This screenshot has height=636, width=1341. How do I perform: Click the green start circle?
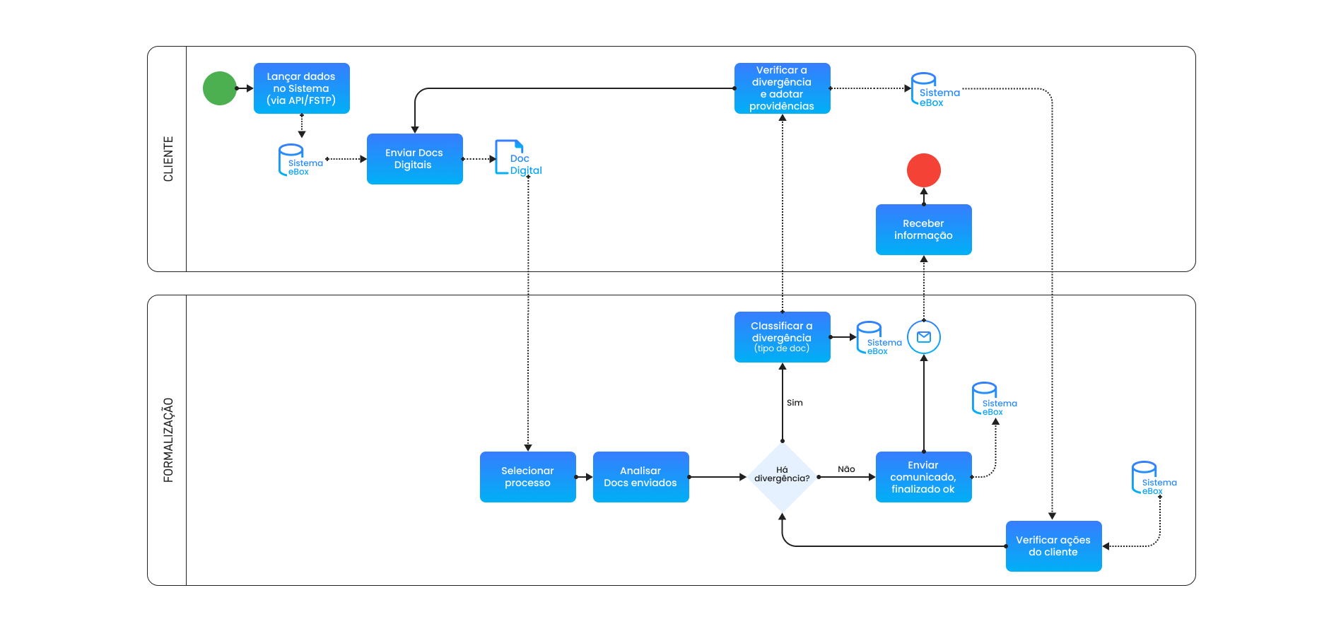220,88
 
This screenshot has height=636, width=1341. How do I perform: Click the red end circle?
923,170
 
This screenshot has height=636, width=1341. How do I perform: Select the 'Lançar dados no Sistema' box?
301,88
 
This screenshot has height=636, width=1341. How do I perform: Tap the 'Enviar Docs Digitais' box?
414,159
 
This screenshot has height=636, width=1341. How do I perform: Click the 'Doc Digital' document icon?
510,158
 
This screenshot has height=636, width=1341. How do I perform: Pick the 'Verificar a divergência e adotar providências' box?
782,88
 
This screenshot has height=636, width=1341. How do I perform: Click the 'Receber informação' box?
923,230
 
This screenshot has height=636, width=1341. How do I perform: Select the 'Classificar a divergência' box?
782,337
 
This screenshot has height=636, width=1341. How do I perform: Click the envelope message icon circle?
923,337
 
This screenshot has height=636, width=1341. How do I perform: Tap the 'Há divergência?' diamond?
782,477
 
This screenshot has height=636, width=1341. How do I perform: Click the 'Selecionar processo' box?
527,477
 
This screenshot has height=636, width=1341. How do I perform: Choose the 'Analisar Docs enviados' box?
640,477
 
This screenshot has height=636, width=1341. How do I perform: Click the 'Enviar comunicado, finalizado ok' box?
923,477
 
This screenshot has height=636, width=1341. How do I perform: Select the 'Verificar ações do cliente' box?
1053,546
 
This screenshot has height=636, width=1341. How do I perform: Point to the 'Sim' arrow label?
795,403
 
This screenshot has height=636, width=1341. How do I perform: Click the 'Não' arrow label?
846,469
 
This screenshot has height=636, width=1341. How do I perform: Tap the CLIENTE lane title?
168,159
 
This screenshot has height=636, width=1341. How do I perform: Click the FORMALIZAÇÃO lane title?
168,440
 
